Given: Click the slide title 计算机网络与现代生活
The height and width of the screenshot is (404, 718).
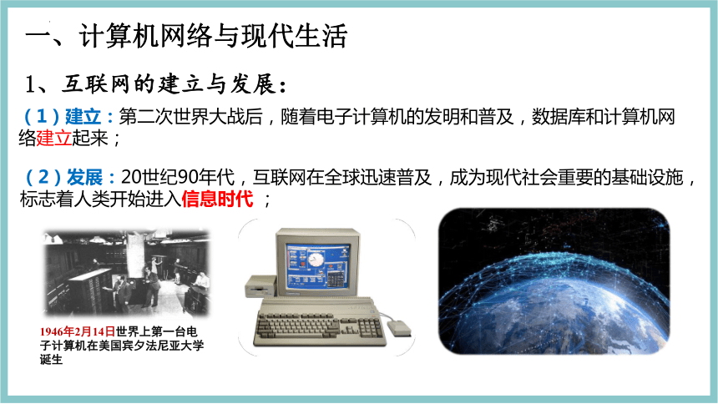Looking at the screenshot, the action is pyautogui.click(x=213, y=36).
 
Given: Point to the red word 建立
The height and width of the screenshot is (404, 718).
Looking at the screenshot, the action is pyautogui.click(x=53, y=139).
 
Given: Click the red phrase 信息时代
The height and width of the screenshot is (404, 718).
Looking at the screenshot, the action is pyautogui.click(x=217, y=199).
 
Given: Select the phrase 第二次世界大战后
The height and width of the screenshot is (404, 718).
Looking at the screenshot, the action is pyautogui.click(x=190, y=117).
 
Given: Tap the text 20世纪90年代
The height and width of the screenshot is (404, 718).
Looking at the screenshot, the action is pyautogui.click(x=178, y=177).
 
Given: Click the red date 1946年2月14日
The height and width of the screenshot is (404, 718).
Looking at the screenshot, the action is pyautogui.click(x=78, y=331).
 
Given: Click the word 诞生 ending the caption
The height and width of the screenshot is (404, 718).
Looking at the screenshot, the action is pyautogui.click(x=51, y=360).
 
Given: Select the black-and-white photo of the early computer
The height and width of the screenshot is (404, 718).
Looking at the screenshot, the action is pyautogui.click(x=126, y=273).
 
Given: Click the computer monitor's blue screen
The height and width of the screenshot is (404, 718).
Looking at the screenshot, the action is pyautogui.click(x=318, y=267).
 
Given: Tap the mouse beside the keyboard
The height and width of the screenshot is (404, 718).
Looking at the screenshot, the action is pyautogui.click(x=399, y=327).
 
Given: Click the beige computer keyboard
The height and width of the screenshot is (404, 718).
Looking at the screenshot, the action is pyautogui.click(x=319, y=323).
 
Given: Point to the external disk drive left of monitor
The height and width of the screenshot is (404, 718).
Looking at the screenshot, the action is pyautogui.click(x=261, y=286).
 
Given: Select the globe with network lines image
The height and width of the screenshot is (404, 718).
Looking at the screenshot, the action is pyautogui.click(x=554, y=280).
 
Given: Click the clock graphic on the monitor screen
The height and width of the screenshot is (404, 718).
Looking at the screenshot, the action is pyautogui.click(x=316, y=260).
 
